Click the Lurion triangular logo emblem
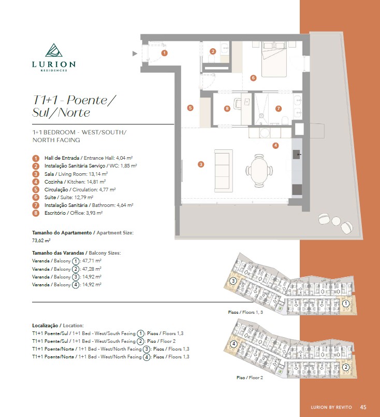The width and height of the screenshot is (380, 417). click(x=54, y=50)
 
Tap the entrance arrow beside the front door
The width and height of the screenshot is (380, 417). click(x=135, y=54)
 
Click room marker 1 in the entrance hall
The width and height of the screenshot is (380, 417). click(x=165, y=53)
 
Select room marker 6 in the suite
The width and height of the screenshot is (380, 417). click(x=253, y=78)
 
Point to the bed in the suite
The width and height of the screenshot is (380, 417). click(x=274, y=59)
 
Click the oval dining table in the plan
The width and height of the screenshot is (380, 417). click(x=259, y=170)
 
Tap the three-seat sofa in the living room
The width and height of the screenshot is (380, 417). click(x=224, y=171)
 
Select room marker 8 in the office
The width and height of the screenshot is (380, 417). click(x=227, y=108)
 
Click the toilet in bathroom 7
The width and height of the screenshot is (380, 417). click(x=285, y=120)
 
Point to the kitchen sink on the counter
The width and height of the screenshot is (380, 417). click(x=297, y=155)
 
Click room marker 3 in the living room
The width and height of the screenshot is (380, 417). click(x=201, y=164)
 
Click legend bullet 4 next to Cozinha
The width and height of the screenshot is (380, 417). click(x=36, y=182)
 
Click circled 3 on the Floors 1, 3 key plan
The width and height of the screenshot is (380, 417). click(x=233, y=281)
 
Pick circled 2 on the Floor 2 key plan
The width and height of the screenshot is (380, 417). click(x=346, y=367)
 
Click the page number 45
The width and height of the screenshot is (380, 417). click(x=363, y=407)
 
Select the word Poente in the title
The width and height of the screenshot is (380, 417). click(x=87, y=100)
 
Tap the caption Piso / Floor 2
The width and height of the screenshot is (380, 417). click(x=250, y=378)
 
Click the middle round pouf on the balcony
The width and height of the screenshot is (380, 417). click(x=336, y=221)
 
